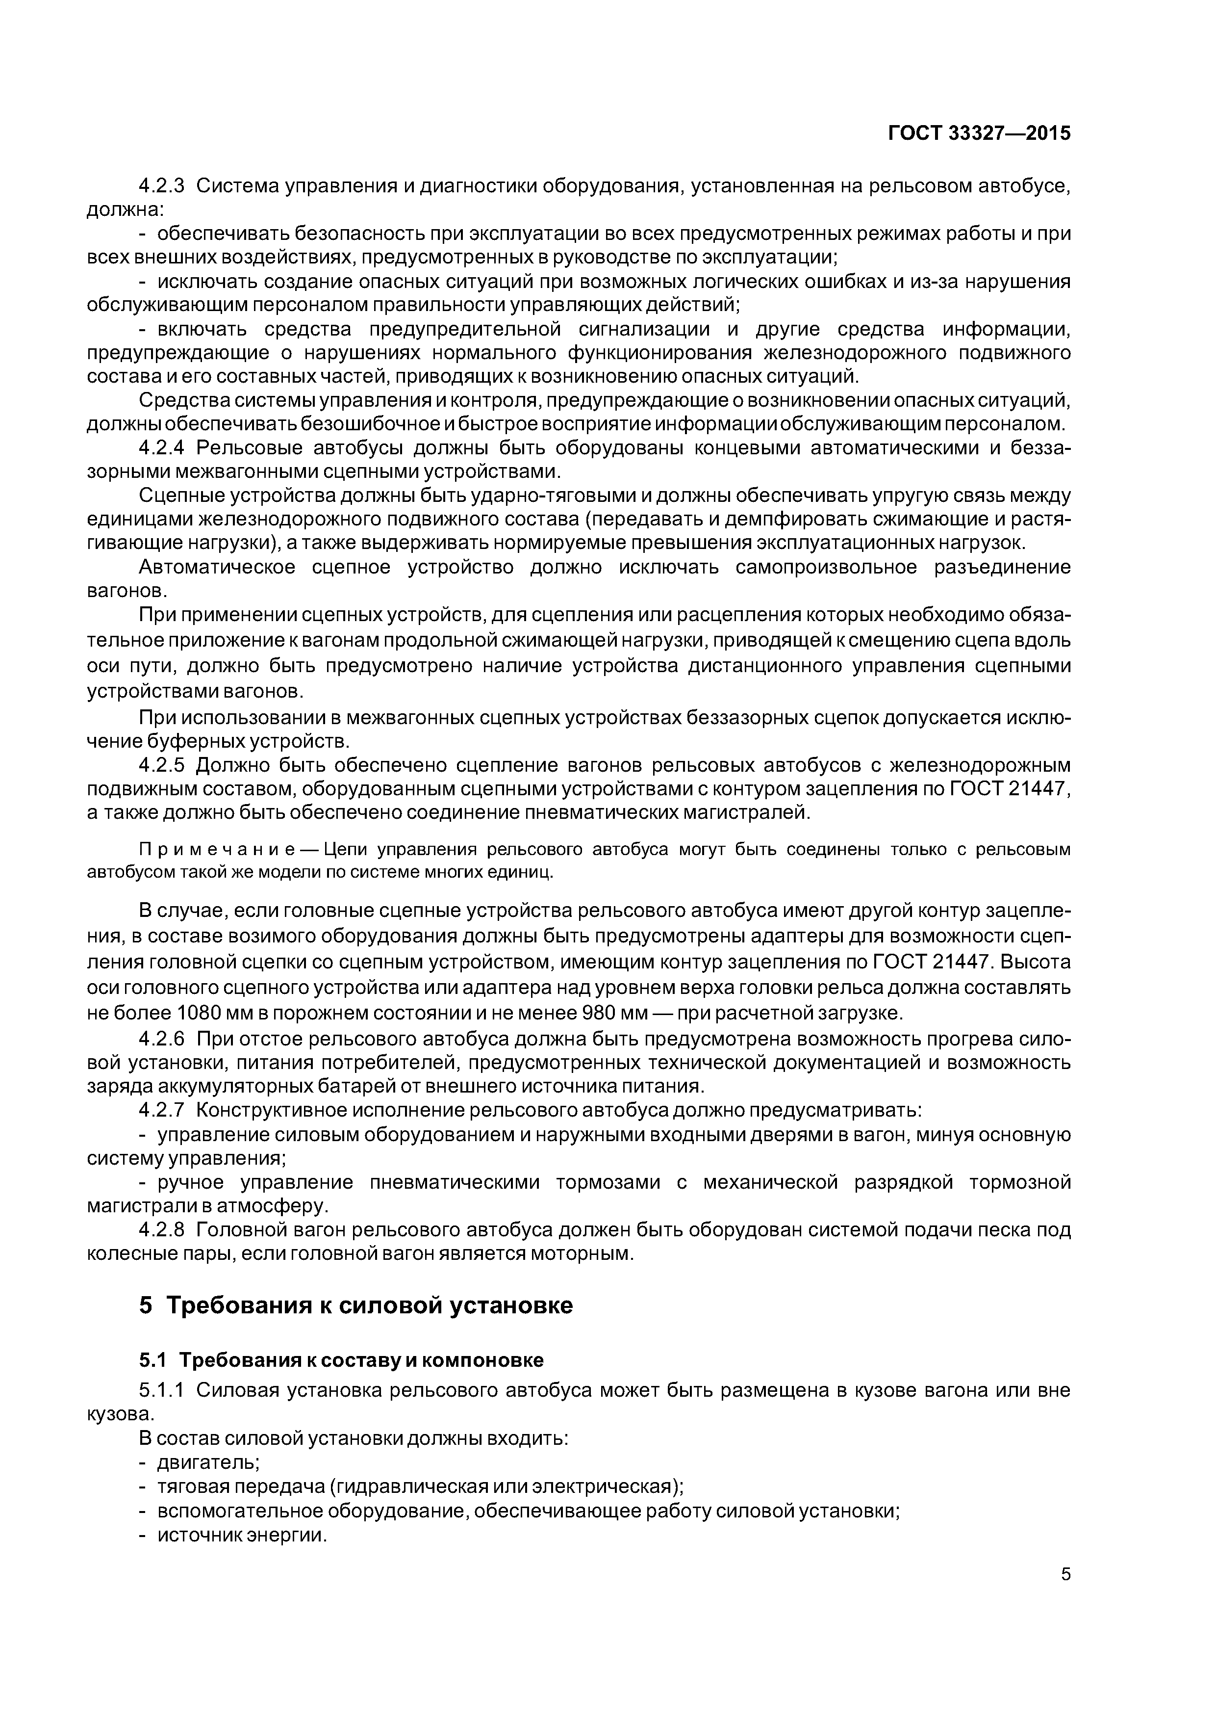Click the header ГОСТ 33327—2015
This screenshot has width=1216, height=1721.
(979, 133)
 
